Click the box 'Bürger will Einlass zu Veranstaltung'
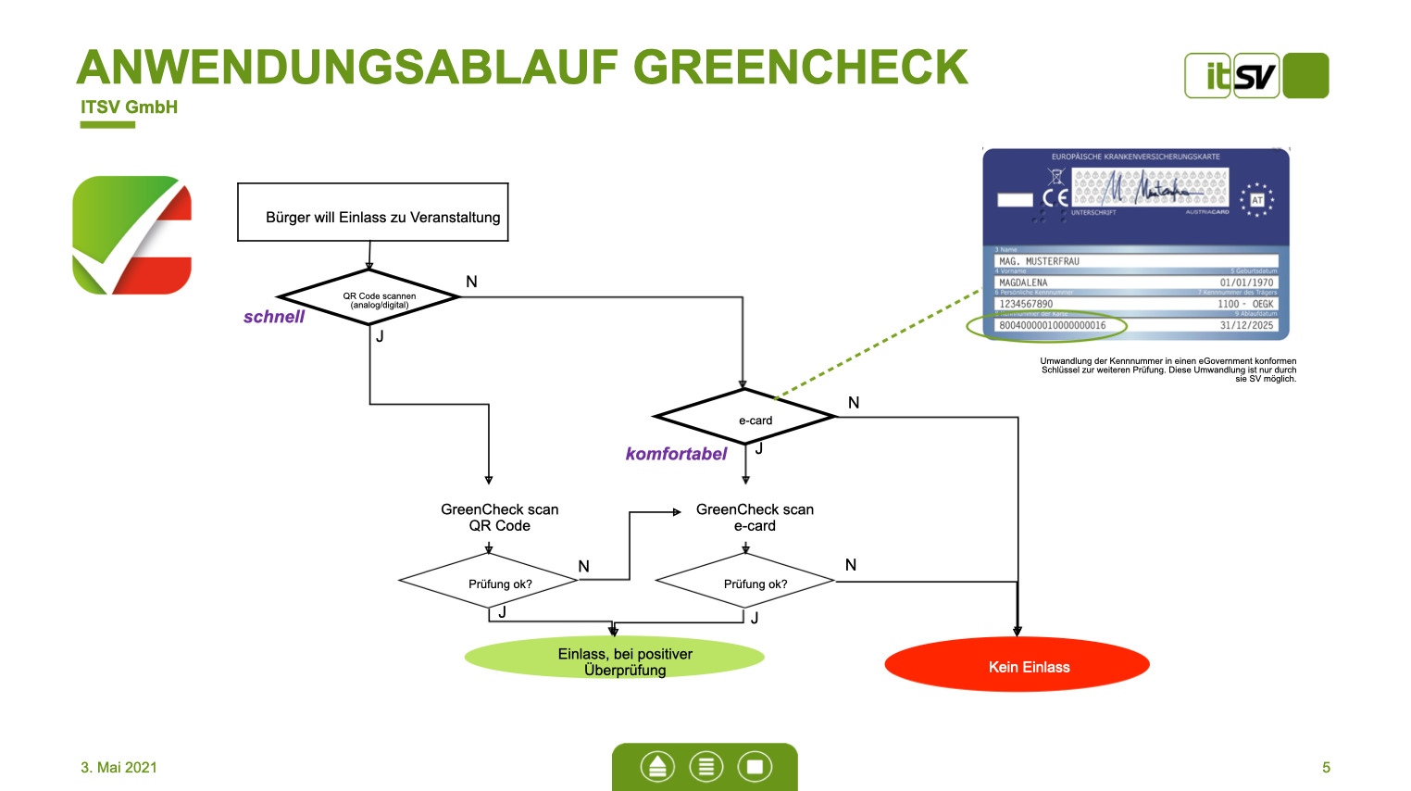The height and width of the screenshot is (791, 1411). [x=373, y=213]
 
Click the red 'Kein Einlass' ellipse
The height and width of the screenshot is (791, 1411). [x=1017, y=665]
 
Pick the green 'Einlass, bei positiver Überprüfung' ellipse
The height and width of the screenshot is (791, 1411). [x=615, y=659]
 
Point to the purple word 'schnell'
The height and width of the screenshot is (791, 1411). [x=274, y=317]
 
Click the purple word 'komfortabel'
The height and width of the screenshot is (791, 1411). [x=676, y=454]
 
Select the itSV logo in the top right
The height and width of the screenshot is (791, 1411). [x=1255, y=76]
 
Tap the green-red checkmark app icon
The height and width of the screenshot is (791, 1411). [x=132, y=235]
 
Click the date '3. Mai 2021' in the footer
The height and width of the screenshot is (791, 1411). [x=119, y=767]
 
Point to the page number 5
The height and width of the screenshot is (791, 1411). [x=1326, y=767]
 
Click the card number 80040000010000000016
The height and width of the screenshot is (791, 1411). [x=1052, y=326]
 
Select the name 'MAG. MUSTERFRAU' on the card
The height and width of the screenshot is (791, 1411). [x=1039, y=261]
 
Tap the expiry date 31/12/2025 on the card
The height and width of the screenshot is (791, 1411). [x=1246, y=326]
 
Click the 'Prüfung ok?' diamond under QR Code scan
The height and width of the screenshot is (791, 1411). [x=490, y=583]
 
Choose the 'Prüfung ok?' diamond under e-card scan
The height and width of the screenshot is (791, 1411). [x=746, y=583]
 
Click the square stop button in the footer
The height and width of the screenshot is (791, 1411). [x=755, y=767]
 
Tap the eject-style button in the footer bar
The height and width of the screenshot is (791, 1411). [x=657, y=767]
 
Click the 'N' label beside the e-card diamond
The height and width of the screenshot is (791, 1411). [x=854, y=403]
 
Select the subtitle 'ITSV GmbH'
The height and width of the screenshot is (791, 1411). [x=129, y=107]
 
